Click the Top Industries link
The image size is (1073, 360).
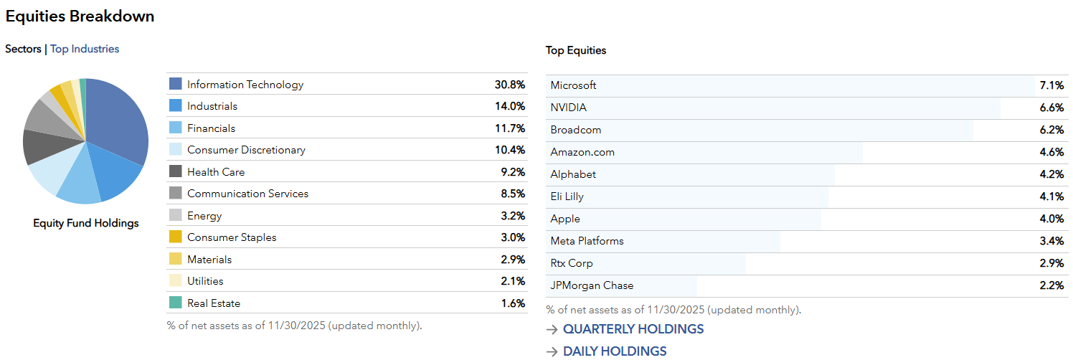pyautogui.click(x=85, y=49)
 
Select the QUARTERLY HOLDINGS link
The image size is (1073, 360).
pyautogui.click(x=633, y=329)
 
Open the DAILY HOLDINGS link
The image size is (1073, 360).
pyautogui.click(x=614, y=351)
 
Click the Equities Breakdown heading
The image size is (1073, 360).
pyautogui.click(x=80, y=16)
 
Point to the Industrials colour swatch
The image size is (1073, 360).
pyautogui.click(x=176, y=106)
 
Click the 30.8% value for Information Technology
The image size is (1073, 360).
pyautogui.click(x=509, y=85)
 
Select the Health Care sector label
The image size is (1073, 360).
pyautogui.click(x=216, y=172)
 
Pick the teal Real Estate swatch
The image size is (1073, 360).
pyautogui.click(x=176, y=303)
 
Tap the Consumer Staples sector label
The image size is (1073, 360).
pyautogui.click(x=232, y=237)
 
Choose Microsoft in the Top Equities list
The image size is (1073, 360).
pyautogui.click(x=573, y=85)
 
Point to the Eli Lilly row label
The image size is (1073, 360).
pyautogui.click(x=567, y=196)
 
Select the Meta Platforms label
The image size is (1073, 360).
pyautogui.click(x=587, y=241)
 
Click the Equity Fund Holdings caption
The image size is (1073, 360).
pyautogui.click(x=86, y=223)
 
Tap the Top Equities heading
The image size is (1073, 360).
pyautogui.click(x=576, y=50)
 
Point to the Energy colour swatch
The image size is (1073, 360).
pyautogui.click(x=176, y=216)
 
